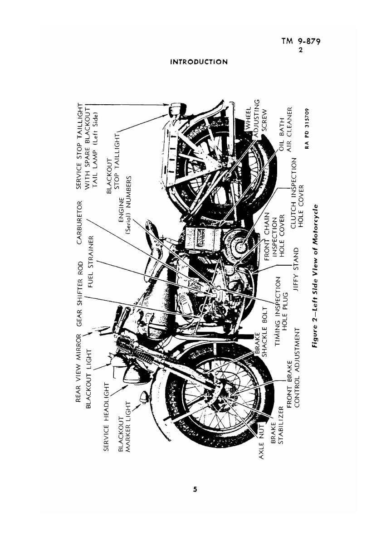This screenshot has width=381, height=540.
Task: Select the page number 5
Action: [x=195, y=489]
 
